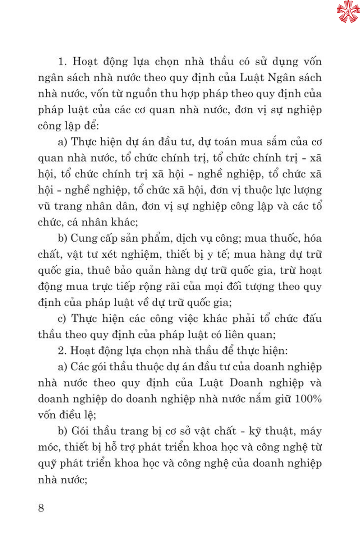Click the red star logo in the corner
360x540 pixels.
(348, 11)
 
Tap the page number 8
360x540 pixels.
(41, 508)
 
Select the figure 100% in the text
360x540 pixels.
(308, 399)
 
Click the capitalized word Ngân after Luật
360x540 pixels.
(280, 78)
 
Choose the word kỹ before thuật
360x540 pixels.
(255, 431)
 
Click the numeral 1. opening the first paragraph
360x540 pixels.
(62, 62)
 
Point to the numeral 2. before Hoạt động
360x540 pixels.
(62, 351)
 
